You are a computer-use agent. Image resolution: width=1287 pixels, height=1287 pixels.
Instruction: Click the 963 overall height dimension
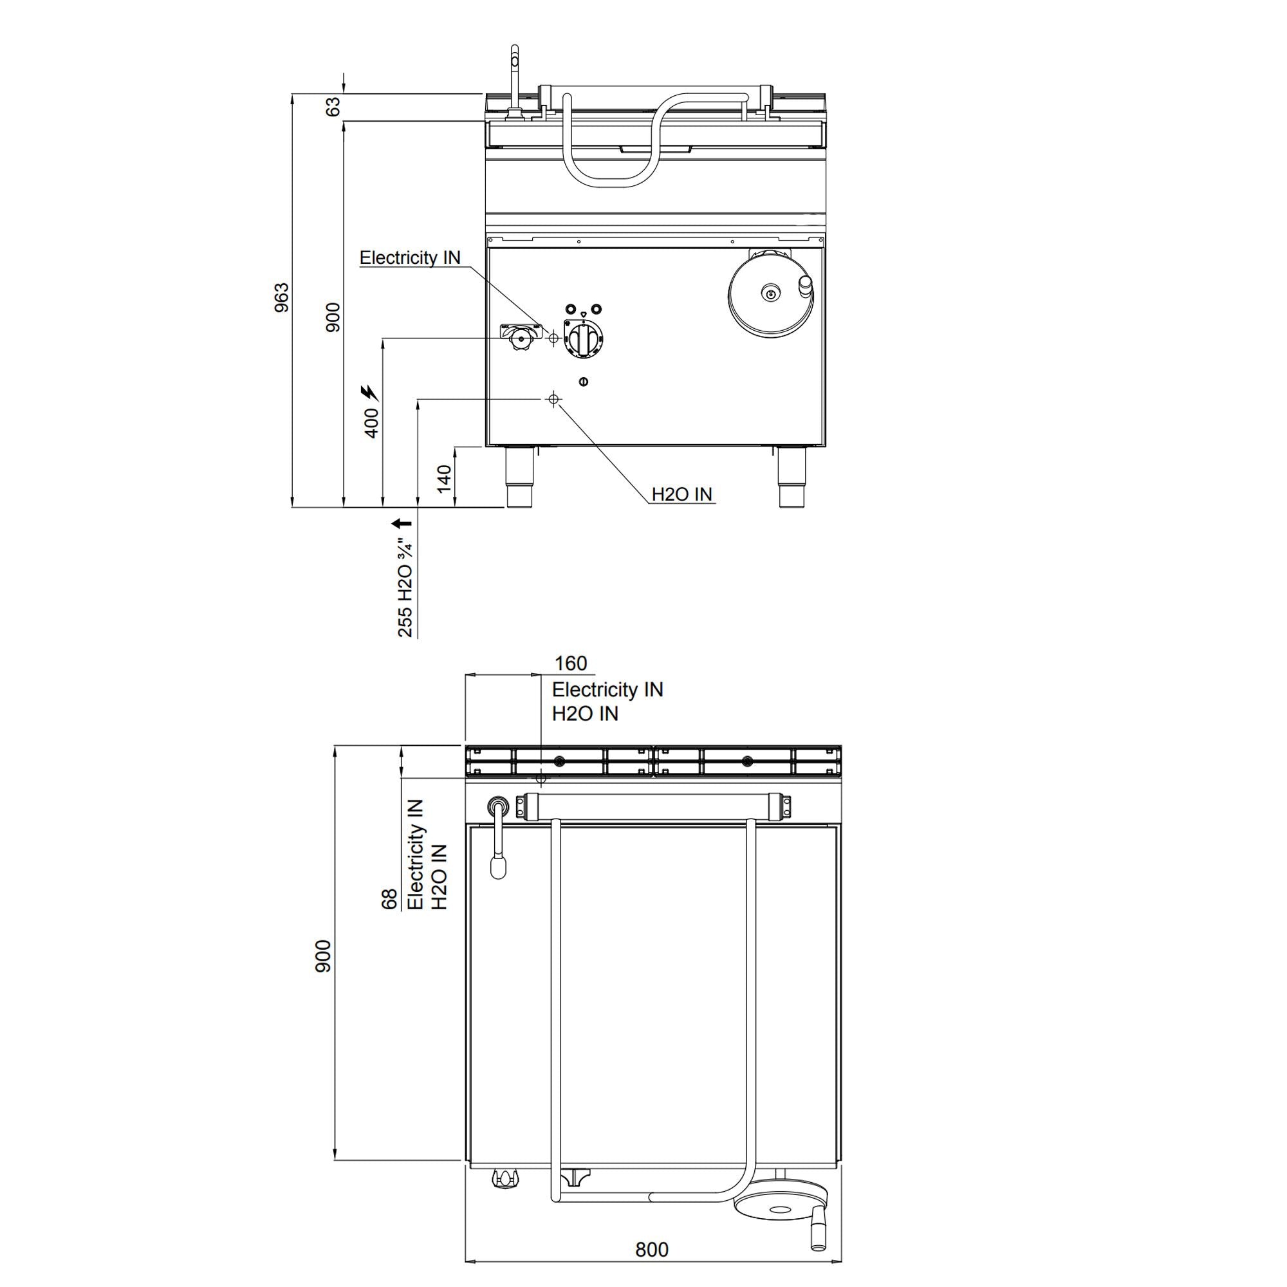pos(282,298)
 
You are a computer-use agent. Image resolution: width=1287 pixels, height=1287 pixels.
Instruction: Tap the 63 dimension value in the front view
pos(333,107)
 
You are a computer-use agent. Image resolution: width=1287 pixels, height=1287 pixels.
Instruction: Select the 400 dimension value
pos(372,423)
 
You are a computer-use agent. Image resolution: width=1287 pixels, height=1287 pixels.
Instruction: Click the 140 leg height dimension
pos(444,477)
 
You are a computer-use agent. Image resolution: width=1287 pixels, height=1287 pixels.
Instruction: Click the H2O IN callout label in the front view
pos(681,494)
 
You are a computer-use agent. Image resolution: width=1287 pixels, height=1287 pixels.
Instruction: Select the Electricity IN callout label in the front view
pos(410,258)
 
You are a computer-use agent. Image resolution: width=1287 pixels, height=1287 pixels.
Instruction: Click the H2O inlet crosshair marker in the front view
pos(552,399)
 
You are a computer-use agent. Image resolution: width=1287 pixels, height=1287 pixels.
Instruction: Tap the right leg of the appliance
pos(793,476)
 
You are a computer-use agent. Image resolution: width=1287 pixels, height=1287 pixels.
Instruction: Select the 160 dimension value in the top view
pos(571,663)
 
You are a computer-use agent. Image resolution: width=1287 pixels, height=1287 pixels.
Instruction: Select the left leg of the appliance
pos(519,476)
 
